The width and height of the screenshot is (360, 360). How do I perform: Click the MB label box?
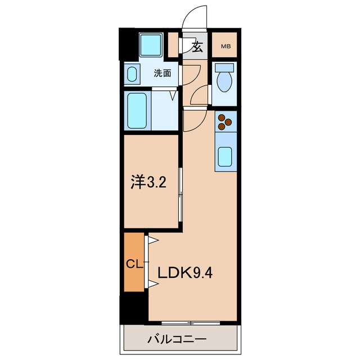(x=225, y=47)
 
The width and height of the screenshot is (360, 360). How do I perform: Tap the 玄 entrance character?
(x=197, y=47)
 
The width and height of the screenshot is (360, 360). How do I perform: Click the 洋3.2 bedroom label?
(x=149, y=183)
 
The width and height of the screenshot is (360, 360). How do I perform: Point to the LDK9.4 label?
(x=184, y=274)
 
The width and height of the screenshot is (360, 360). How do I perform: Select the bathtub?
(x=138, y=110)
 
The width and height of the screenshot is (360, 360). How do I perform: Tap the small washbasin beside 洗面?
(x=133, y=74)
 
